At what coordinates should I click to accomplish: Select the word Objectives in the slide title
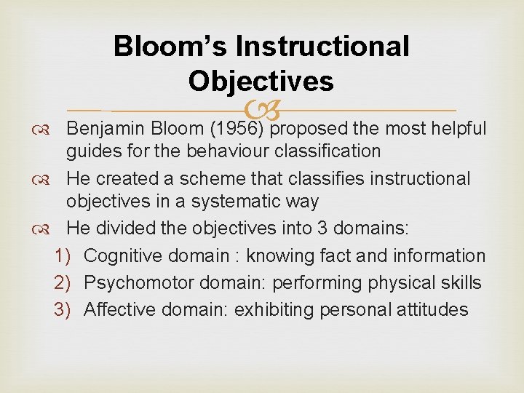(x=261, y=80)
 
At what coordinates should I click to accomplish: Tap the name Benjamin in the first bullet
(x=106, y=129)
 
